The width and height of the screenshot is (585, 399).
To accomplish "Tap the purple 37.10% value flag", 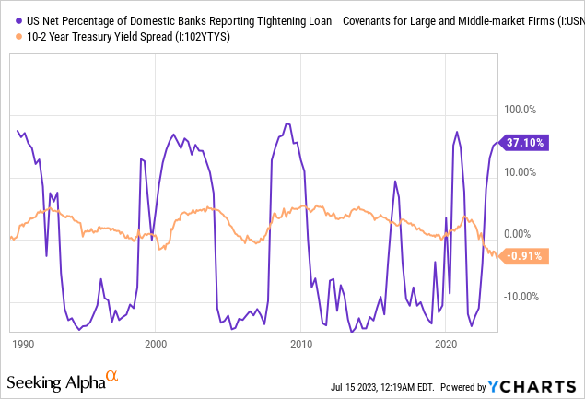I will click(525, 143).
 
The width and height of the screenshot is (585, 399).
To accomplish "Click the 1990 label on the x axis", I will click(23, 344).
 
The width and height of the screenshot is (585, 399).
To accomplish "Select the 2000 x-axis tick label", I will click(156, 344).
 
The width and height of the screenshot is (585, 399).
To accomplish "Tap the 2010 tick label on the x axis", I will click(300, 344).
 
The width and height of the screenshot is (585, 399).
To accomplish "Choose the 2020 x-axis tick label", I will click(446, 344).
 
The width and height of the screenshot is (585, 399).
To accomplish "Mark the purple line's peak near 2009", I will click(287, 123).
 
